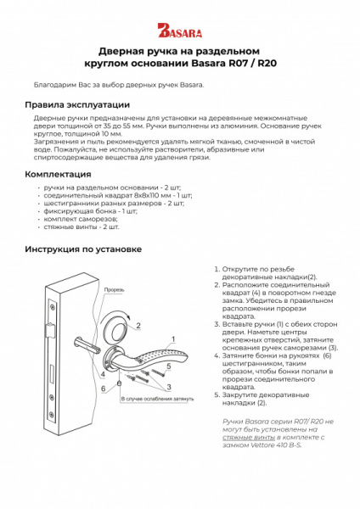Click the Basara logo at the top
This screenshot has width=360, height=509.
(x=179, y=31)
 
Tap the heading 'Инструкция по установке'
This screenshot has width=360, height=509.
(x=82, y=249)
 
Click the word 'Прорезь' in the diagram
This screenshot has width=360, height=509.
(x=114, y=289)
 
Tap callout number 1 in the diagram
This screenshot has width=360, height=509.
(x=172, y=338)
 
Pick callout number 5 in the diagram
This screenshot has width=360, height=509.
(x=169, y=366)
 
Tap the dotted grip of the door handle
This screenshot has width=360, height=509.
(x=149, y=355)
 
